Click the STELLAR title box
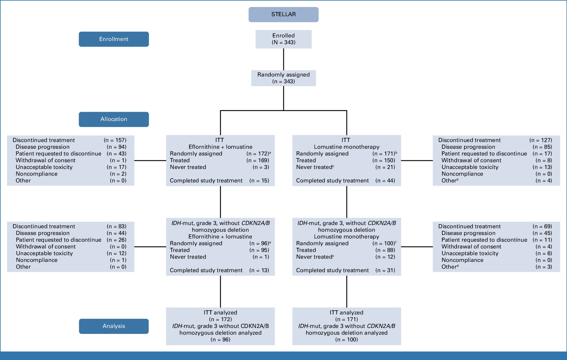coord(283,14)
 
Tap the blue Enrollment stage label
coord(113,39)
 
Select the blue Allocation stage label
coord(113,119)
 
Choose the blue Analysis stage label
coord(113,326)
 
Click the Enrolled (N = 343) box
coord(283,39)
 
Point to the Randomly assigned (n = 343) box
coord(283,78)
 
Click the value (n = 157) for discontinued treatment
coord(115,140)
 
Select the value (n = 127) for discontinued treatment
coord(540,140)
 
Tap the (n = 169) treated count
coord(257,160)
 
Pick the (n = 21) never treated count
coord(385,167)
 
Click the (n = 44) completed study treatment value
coord(385,181)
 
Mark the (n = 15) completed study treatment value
coord(259,181)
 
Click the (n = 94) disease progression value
coord(116,147)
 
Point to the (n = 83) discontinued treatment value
coord(116,226)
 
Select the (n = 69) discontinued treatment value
coord(542,226)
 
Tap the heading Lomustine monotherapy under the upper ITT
coord(347,147)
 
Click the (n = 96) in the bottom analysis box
coord(220,340)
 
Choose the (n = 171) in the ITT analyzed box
coord(347,319)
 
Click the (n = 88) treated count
coord(385,250)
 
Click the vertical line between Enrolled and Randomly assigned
coord(283,59)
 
